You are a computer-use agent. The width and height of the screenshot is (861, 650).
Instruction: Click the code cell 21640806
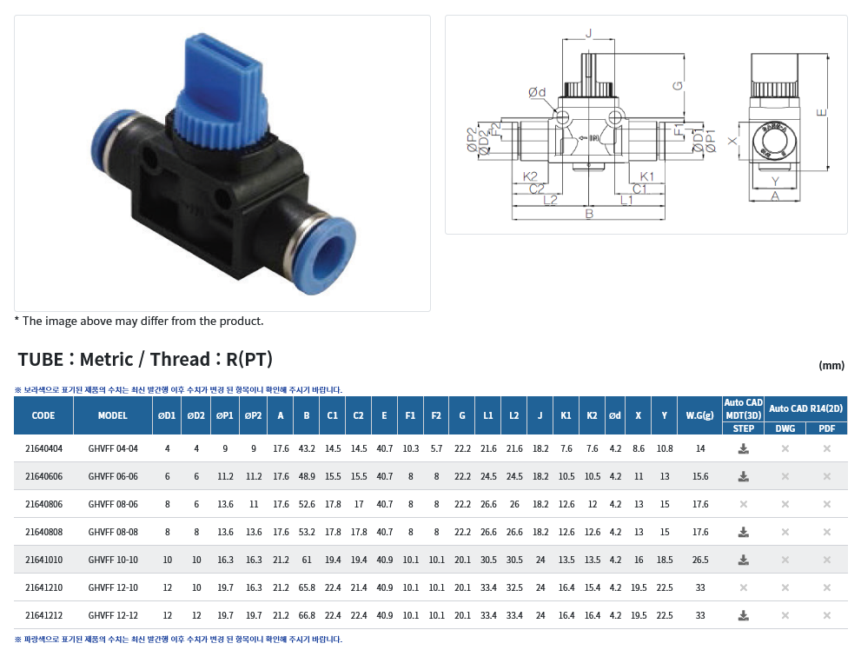click(44, 504)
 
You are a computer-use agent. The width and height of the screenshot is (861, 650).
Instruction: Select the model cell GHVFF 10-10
click(113, 560)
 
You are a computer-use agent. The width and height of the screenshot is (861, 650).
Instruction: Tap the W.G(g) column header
click(699, 415)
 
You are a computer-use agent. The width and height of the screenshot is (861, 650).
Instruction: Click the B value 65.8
click(307, 587)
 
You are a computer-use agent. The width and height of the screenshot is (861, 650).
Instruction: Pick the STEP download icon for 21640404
click(743, 449)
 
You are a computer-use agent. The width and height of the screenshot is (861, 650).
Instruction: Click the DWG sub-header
click(785, 428)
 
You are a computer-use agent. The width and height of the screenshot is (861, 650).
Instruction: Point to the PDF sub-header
click(826, 428)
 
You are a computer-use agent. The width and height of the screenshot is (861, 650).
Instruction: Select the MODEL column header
click(113, 415)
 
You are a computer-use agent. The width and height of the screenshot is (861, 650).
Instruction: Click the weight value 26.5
click(700, 560)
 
